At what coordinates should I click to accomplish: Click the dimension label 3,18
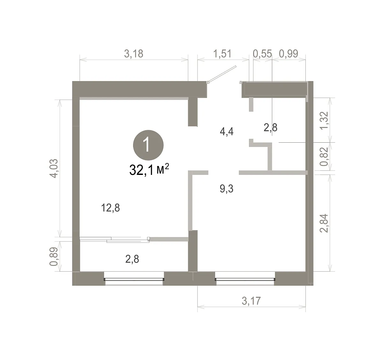[134, 54]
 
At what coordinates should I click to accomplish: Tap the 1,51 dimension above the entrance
[222, 54]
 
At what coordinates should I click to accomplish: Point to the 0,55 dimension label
[262, 54]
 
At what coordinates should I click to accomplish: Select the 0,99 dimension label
[289, 54]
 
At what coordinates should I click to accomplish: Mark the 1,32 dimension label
[324, 121]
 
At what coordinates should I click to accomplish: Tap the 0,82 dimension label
[324, 156]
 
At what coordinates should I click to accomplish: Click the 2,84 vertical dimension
[324, 223]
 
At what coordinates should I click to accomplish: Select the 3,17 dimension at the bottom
[251, 301]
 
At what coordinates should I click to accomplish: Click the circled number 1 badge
[148, 145]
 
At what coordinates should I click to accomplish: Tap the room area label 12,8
[110, 208]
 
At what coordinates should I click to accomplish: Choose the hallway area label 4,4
[227, 132]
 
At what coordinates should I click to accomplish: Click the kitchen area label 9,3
[227, 189]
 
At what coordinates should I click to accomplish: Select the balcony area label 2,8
[132, 259]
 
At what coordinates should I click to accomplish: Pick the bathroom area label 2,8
[270, 128]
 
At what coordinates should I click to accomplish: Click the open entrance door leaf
[222, 74]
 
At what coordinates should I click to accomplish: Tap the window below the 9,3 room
[245, 279]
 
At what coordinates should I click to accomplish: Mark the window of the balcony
[134, 279]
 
